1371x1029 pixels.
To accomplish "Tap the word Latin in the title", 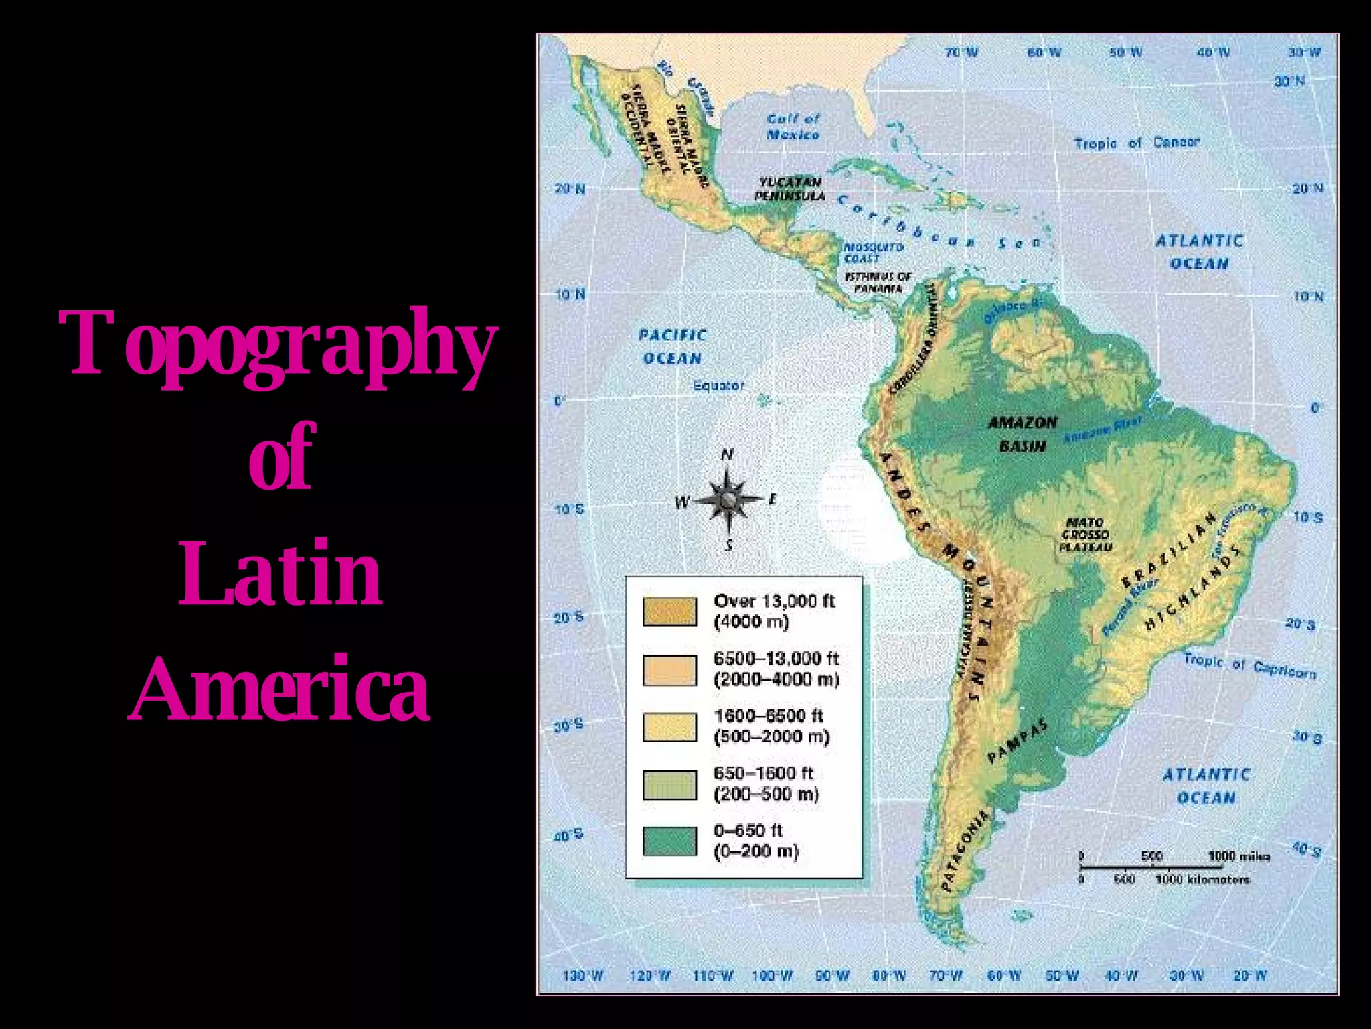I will point(280,575).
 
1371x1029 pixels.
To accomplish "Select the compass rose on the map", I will point(728,499).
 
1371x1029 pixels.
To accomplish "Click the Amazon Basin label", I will point(1022,433).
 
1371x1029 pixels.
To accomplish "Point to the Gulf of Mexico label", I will point(793,127).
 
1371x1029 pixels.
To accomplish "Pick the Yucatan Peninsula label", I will point(790,189).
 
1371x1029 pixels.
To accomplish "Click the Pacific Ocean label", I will point(672,346).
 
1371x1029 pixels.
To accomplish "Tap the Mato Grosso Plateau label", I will point(1085,535).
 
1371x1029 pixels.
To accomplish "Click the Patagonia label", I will point(965,851).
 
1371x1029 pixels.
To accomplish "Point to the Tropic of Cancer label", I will point(1136,143).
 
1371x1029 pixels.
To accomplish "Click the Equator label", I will point(718,386).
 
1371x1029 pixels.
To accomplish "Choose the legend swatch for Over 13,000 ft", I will point(669,611).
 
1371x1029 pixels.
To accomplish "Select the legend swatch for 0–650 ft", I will point(669,841).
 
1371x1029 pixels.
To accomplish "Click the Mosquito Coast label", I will point(873,253).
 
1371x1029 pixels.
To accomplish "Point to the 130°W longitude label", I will point(582,975).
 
